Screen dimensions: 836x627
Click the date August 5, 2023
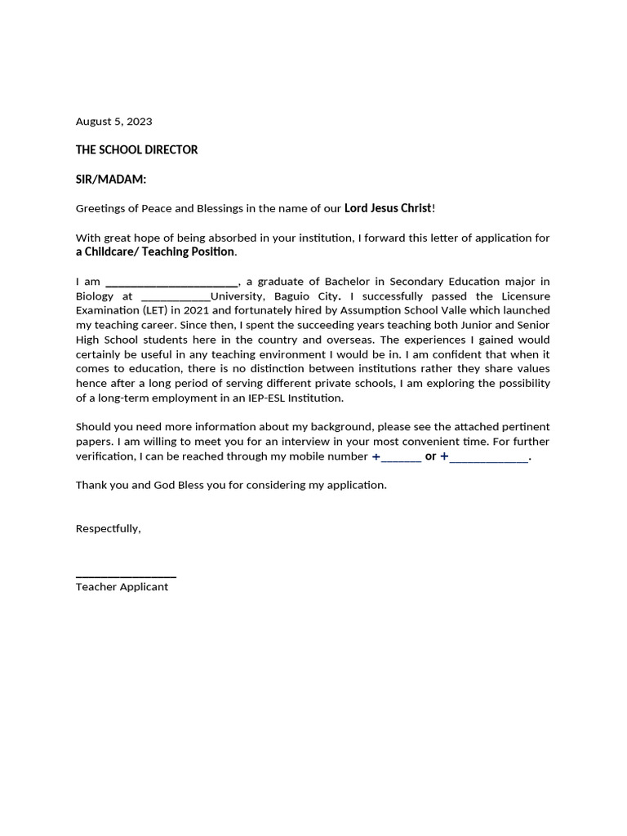tap(113, 122)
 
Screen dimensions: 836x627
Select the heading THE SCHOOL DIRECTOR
tap(136, 150)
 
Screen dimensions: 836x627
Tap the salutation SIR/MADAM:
tap(111, 180)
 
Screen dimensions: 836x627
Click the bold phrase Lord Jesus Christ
tap(388, 208)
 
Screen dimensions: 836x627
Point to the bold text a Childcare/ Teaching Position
tap(155, 251)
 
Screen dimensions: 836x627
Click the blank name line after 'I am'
tap(171, 282)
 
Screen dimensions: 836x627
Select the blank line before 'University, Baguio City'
tap(176, 296)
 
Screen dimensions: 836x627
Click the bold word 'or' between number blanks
tap(430, 456)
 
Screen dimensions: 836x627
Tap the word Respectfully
tap(108, 529)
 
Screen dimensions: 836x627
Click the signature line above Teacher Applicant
tap(126, 576)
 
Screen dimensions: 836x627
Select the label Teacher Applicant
tap(122, 587)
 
